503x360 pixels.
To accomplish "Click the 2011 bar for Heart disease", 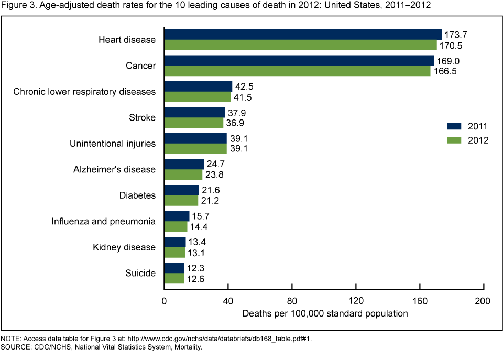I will coord(303,35).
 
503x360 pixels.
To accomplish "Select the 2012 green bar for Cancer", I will coord(297,71).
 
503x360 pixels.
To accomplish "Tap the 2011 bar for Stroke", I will coord(194,112).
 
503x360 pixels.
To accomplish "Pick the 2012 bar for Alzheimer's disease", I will coord(183,174).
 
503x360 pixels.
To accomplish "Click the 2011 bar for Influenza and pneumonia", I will coord(177,216).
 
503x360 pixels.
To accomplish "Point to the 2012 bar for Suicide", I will coord(174,278).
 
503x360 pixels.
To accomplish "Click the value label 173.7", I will coord(455,35).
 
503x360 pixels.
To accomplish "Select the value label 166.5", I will coord(444,71).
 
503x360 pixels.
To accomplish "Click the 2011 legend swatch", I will coord(453,126).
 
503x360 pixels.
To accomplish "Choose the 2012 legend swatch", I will coord(453,140).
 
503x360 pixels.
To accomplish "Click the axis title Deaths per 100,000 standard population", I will coord(325,313).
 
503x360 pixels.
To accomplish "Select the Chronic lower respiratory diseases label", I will coord(84,92).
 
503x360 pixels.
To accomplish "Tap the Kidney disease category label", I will coord(124,247).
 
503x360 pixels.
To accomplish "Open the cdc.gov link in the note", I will coord(231,339).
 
